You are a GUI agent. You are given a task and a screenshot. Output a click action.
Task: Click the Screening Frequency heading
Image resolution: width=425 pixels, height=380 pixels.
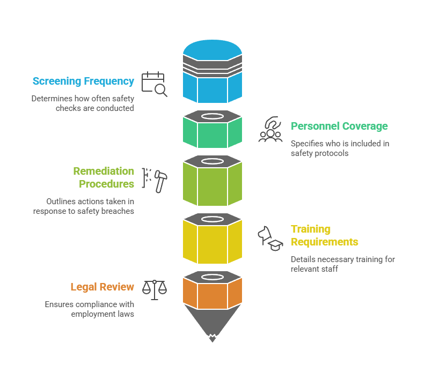coord(83,81)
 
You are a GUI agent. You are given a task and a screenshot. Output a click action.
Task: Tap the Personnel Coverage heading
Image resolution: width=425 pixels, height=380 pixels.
coord(339,126)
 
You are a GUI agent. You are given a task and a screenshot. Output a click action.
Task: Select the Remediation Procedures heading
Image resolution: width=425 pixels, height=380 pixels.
coord(104,177)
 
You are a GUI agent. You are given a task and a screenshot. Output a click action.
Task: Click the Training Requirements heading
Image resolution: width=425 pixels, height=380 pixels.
coord(324,235)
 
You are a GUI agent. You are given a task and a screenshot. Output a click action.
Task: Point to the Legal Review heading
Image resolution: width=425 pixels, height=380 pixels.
coord(102,287)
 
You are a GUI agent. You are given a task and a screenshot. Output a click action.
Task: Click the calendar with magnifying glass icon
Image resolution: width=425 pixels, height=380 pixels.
coord(154,84)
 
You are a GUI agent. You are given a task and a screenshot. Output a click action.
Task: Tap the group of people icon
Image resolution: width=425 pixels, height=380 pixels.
coord(270,130)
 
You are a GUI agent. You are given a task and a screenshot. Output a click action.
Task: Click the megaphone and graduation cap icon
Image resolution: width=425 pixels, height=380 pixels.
coord(270,239)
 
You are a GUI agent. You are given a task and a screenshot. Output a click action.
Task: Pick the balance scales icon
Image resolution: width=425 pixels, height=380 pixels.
coord(154,289)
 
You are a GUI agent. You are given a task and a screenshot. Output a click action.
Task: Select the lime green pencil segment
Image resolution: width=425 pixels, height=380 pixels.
coord(213,183)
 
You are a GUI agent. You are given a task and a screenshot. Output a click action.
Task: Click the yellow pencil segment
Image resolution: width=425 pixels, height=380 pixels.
coord(213,242)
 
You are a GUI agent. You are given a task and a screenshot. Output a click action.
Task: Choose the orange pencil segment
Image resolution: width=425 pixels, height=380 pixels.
coord(213,295)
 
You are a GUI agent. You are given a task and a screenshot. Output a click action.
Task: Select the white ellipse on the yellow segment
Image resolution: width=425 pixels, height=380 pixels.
coord(213,220)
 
